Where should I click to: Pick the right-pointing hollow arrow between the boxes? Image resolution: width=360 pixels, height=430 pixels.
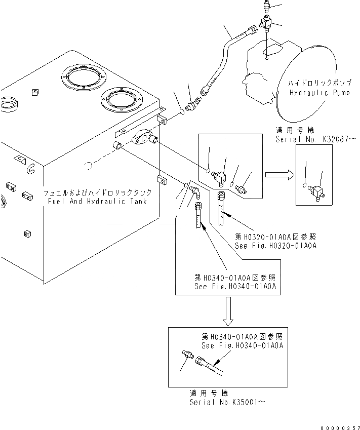pyautogui.click(x=279, y=175)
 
